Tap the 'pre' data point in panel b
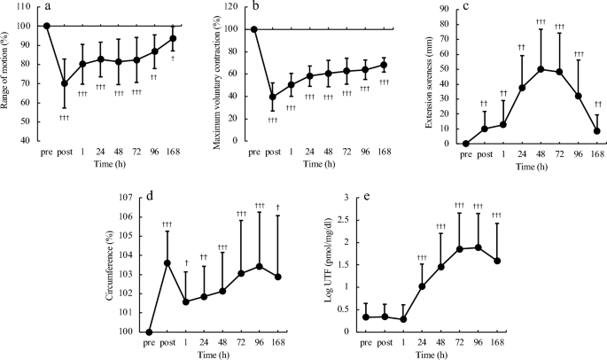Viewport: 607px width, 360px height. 254,29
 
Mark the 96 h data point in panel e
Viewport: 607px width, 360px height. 478,247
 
